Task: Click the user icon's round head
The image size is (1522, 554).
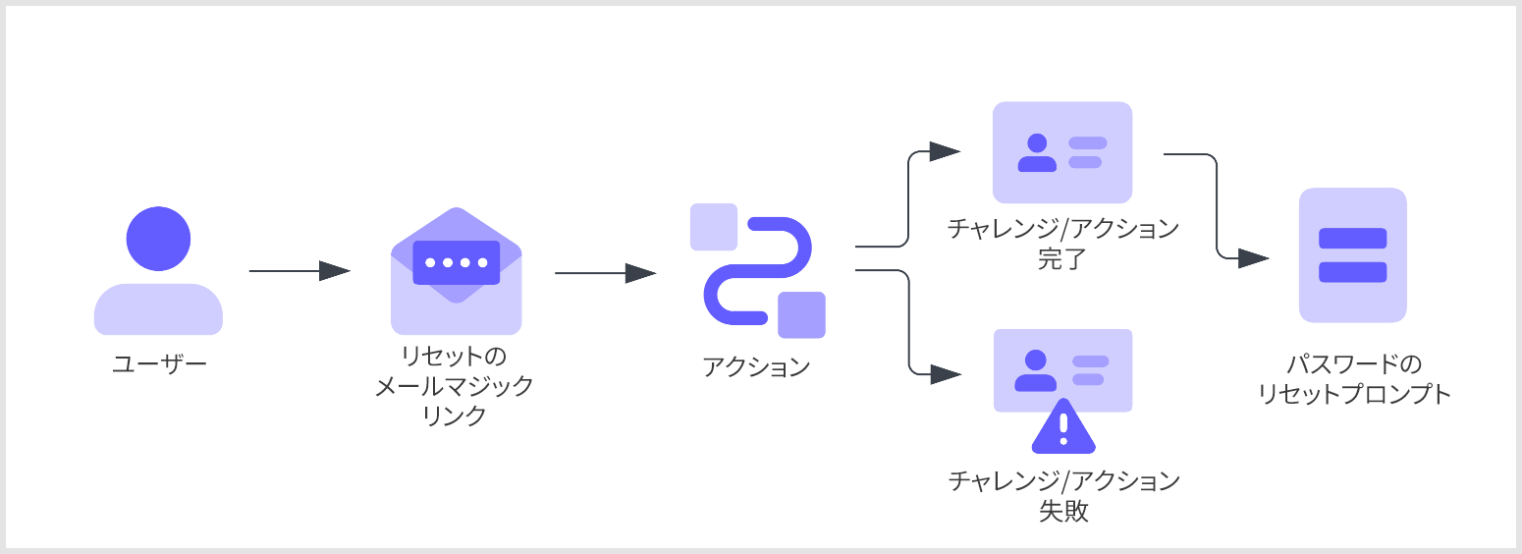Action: pyautogui.click(x=158, y=239)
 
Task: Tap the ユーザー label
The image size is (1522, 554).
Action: pyautogui.click(x=159, y=364)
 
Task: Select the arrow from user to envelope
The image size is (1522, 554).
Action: pyautogui.click(x=299, y=270)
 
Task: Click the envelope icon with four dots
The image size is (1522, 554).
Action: pyautogui.click(x=456, y=270)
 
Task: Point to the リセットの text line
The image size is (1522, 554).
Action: pyautogui.click(x=454, y=356)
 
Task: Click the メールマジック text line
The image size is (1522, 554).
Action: pyautogui.click(x=454, y=385)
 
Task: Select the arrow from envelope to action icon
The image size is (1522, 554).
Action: pyautogui.click(x=606, y=273)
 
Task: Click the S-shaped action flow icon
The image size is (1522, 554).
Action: pyautogui.click(x=758, y=270)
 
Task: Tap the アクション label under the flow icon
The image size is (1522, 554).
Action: pyautogui.click(x=756, y=367)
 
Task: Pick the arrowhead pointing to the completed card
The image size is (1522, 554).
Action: pyautogui.click(x=945, y=151)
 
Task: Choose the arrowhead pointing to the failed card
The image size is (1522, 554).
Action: pyautogui.click(x=946, y=374)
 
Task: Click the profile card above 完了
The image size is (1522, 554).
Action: pyautogui.click(x=1062, y=152)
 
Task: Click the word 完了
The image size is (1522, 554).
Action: pyautogui.click(x=1062, y=259)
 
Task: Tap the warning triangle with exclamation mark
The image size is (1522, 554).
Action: pyautogui.click(x=1063, y=426)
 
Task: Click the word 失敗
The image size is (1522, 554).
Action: pyautogui.click(x=1063, y=511)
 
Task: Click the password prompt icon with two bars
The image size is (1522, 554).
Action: pyautogui.click(x=1352, y=255)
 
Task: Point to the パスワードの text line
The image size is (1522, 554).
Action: pyautogui.click(x=1354, y=364)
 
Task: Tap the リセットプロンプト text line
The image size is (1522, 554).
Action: pyautogui.click(x=1354, y=394)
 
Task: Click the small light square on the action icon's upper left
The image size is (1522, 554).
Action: pyautogui.click(x=714, y=227)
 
